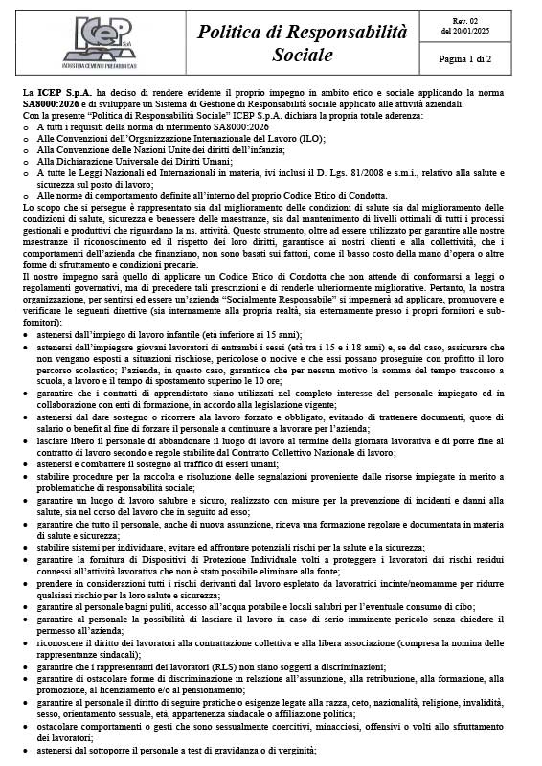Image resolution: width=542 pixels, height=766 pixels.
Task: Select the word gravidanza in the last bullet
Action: tap(234, 750)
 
